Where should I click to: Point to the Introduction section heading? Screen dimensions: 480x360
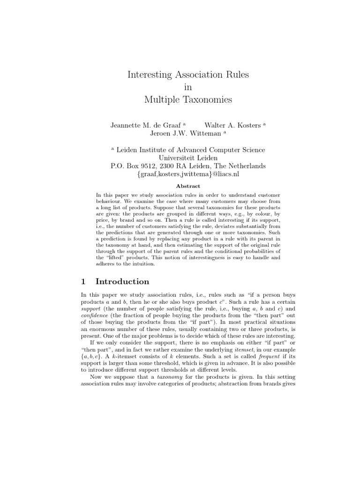pos(122,282)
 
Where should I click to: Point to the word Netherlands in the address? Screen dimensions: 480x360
pos(247,166)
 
